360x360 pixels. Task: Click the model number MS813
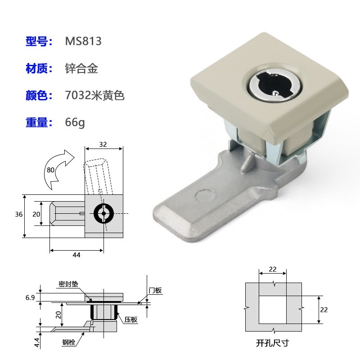point(84,41)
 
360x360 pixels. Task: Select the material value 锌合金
point(81,68)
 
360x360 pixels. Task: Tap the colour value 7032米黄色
point(94,95)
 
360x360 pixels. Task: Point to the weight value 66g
point(75,122)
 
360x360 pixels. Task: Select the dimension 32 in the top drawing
point(103,144)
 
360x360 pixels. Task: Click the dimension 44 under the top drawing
point(76,255)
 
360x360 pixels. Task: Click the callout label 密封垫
point(68,284)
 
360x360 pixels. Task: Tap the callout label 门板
point(155,290)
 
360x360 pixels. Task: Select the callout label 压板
point(130,319)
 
